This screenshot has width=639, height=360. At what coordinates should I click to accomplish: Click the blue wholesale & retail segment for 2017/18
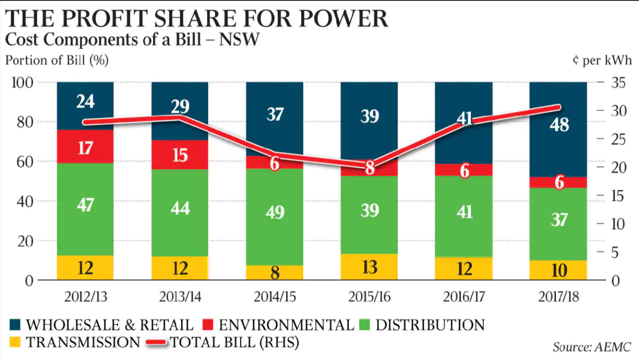pyautogui.click(x=559, y=144)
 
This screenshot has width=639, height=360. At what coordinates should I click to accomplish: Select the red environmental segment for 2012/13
pyautogui.click(x=85, y=147)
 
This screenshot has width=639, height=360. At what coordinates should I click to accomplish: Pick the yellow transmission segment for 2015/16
pyautogui.click(x=369, y=267)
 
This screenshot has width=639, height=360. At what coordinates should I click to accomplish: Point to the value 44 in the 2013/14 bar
pyautogui.click(x=180, y=208)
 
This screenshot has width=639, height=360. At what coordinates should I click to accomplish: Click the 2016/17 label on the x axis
pyautogui.click(x=464, y=296)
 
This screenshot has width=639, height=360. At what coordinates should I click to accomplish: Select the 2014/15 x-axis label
pyautogui.click(x=274, y=296)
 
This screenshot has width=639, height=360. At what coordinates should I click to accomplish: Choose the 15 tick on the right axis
pyautogui.click(x=617, y=196)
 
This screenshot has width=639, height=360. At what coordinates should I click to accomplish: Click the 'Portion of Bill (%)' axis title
pyautogui.click(x=57, y=61)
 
